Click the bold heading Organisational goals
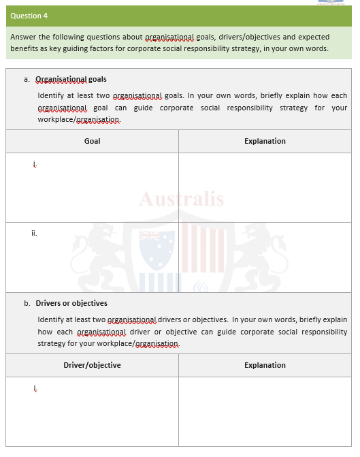click(71, 79)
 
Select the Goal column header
click(92, 141)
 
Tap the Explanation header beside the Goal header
click(265, 141)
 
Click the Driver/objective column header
click(92, 365)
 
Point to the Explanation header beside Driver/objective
click(265, 365)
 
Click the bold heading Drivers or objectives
click(71, 303)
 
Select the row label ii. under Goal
click(34, 233)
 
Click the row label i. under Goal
click(34, 163)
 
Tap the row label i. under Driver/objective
click(34, 388)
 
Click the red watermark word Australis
click(181, 200)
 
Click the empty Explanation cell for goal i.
click(265, 187)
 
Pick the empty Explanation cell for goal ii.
click(265, 257)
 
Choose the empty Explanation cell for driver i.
click(265, 411)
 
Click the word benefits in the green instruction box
click(26, 49)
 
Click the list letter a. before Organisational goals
click(27, 79)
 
